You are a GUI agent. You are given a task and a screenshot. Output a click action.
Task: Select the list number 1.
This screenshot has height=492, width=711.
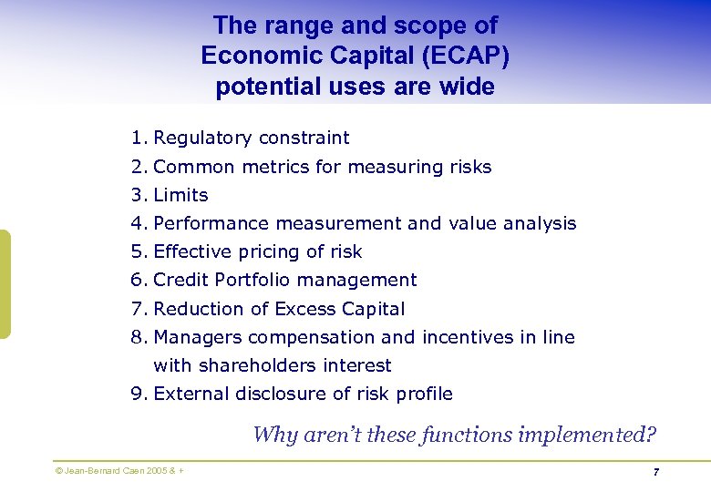coord(138,138)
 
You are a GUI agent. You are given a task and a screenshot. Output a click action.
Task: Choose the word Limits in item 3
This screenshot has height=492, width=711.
coord(180,195)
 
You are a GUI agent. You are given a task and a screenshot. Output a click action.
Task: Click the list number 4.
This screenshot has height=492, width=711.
coord(138,223)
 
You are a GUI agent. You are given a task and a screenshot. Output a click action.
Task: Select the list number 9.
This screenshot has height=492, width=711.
coord(138,394)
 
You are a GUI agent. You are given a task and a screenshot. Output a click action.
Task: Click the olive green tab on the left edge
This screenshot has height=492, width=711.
coord(5,284)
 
